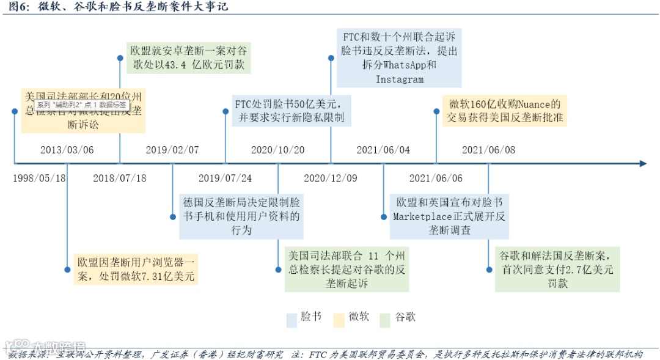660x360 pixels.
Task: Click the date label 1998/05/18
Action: [39, 178]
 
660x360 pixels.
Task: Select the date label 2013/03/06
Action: [67, 150]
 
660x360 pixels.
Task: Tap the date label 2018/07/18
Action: [120, 178]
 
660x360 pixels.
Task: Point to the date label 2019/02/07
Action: [172, 150]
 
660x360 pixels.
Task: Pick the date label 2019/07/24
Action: [225, 178]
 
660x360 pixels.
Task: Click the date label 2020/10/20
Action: [277, 150]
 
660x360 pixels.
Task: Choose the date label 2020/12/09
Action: [330, 178]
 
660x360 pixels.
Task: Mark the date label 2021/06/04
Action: [383, 150]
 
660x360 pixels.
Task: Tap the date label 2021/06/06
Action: [436, 178]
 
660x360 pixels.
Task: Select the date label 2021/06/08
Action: [488, 150]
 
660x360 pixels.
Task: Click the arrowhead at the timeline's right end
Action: [642, 164]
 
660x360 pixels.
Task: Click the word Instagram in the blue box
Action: [400, 79]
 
